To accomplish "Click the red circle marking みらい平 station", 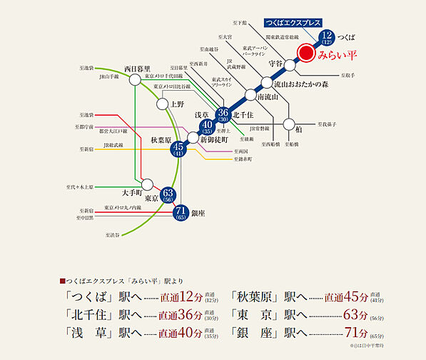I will click(x=305, y=53).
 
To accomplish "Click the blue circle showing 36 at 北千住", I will click(x=223, y=114).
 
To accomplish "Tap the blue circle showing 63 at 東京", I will click(x=168, y=195).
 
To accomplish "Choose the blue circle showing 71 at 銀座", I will click(x=181, y=213).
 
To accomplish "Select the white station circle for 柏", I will click(x=289, y=124).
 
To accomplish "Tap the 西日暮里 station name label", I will click(x=136, y=69).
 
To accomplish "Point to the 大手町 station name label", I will click(x=133, y=192).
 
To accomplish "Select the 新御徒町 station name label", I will click(x=214, y=139).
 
